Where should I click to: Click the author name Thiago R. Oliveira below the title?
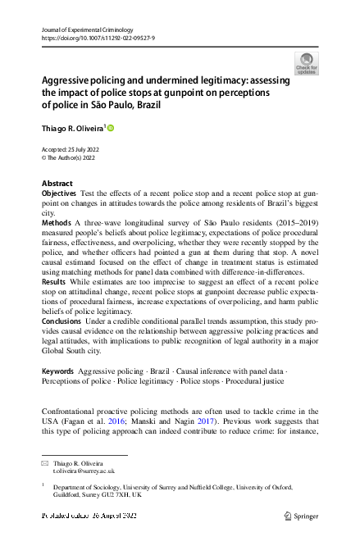[x=71, y=128]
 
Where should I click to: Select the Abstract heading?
[x=57, y=184]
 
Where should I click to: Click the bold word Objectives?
[x=59, y=193]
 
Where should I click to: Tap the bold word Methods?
[x=56, y=222]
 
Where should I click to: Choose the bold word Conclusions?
[x=62, y=321]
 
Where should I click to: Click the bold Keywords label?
[x=57, y=371]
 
